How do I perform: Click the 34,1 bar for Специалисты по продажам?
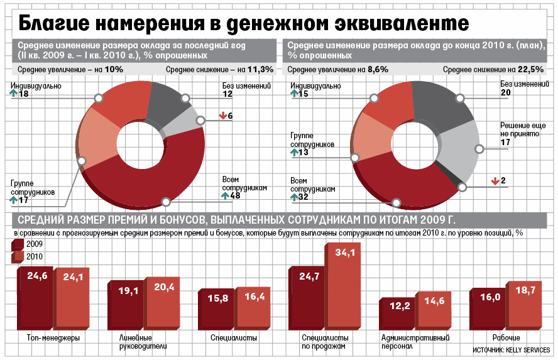[x=343, y=289]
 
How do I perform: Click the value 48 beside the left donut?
[x=236, y=196]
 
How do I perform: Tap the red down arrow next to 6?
[x=222, y=116]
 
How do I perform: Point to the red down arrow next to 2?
[x=495, y=181]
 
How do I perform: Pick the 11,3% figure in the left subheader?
[x=261, y=69]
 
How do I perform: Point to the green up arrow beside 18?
[x=14, y=94]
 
